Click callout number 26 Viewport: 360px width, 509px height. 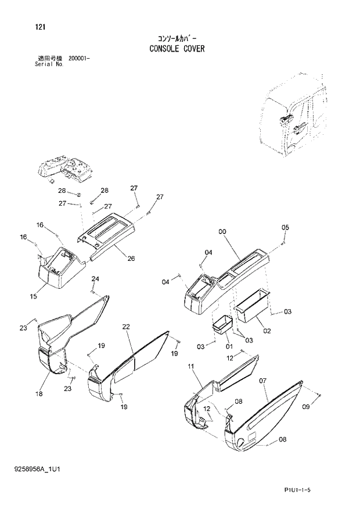tap(131, 259)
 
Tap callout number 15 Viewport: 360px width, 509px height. tap(34, 296)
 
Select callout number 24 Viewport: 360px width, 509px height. tap(95, 279)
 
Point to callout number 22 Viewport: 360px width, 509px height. tap(125, 327)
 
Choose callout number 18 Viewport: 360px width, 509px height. tap(39, 394)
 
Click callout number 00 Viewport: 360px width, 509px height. tap(222, 232)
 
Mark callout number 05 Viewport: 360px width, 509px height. tap(285, 227)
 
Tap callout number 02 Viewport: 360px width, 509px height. tap(267, 331)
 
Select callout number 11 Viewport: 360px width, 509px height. tap(190, 365)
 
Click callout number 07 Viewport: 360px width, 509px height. tap(262, 381)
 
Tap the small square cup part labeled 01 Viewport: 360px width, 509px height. tap(221, 324)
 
